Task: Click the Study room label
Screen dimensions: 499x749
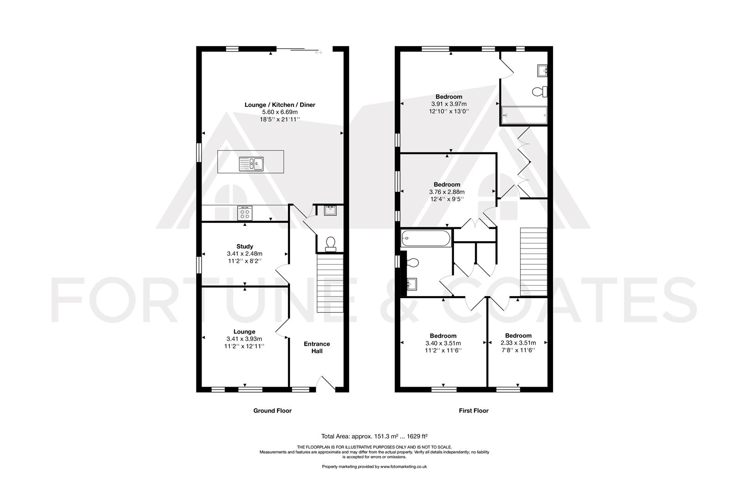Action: pyautogui.click(x=244, y=246)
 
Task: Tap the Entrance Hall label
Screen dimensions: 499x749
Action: pyautogui.click(x=317, y=347)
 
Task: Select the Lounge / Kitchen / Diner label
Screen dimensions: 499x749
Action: pyautogui.click(x=280, y=105)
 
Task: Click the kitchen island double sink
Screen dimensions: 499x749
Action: pyautogui.click(x=251, y=164)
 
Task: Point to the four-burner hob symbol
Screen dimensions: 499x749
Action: pyautogui.click(x=245, y=213)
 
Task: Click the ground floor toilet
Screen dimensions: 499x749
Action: pyautogui.click(x=331, y=243)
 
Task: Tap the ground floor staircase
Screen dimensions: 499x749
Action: pyautogui.click(x=330, y=285)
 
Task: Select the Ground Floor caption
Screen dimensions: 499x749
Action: pyautogui.click(x=272, y=410)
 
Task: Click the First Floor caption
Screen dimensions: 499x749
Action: pyautogui.click(x=473, y=410)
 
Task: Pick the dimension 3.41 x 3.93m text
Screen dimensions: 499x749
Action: pyautogui.click(x=244, y=339)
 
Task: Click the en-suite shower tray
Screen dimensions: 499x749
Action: pyautogui.click(x=524, y=114)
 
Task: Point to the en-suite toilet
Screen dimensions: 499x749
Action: pyautogui.click(x=540, y=92)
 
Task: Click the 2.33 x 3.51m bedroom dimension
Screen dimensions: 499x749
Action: pyautogui.click(x=518, y=343)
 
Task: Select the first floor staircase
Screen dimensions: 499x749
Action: pyautogui.click(x=534, y=262)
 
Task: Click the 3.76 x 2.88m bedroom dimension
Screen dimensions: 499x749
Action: pyautogui.click(x=447, y=192)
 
